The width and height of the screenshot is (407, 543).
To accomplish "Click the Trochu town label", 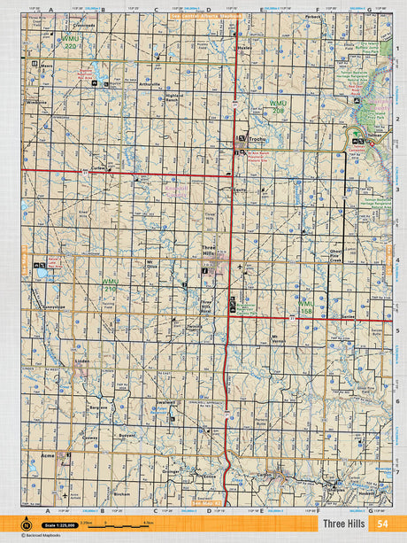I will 257,139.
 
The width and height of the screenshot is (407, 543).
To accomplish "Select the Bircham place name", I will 122,493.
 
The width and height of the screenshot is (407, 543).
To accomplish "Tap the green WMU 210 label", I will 110,286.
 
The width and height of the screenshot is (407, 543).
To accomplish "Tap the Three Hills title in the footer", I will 343,524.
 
